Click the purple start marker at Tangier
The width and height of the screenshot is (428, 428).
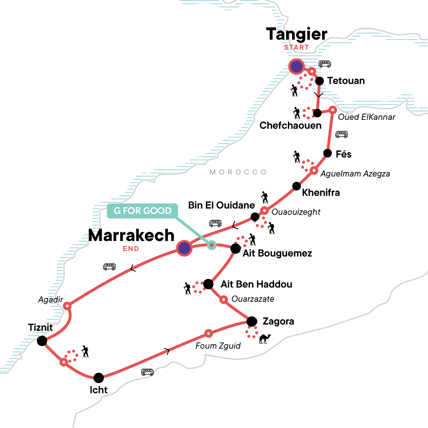[x=296, y=67]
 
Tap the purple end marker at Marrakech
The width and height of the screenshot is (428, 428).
[x=184, y=248]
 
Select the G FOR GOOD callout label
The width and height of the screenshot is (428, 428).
[x=142, y=211]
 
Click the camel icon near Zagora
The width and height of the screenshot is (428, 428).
[x=265, y=338]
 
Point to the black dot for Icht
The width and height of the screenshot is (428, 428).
[x=98, y=378]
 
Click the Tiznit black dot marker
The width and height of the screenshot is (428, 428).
[x=42, y=341]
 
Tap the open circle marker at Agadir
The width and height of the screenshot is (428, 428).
[x=67, y=306]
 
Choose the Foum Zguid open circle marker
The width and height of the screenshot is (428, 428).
[x=209, y=333]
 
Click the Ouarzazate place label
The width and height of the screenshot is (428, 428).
[x=253, y=299]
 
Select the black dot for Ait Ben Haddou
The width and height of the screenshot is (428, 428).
[x=208, y=284]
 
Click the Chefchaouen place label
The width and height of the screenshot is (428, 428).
[x=290, y=126]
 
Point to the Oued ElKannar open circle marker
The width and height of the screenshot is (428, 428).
[x=332, y=109]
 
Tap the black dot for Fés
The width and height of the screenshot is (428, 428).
[x=327, y=153]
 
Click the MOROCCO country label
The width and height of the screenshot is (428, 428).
[x=238, y=172]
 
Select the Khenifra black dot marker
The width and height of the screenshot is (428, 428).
[x=296, y=186]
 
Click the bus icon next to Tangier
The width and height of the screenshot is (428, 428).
[x=325, y=64]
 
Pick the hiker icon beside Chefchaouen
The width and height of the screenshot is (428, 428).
[x=296, y=113]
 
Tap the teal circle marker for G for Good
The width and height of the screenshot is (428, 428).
[x=212, y=245]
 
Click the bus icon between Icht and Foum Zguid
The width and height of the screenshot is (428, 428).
[x=147, y=372]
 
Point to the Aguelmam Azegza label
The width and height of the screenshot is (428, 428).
[x=355, y=174]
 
